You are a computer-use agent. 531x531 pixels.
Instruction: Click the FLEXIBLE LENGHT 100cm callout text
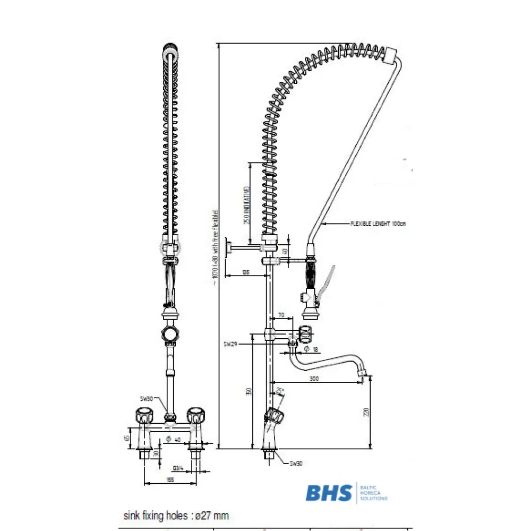click(378, 224)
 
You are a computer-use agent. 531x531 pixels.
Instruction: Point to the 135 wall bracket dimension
click(245, 272)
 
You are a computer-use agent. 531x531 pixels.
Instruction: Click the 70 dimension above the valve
click(281, 315)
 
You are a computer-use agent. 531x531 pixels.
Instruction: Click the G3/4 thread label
click(177, 468)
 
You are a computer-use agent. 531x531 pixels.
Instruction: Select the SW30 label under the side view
click(296, 464)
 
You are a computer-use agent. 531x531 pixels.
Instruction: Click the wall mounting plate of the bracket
click(227, 248)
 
